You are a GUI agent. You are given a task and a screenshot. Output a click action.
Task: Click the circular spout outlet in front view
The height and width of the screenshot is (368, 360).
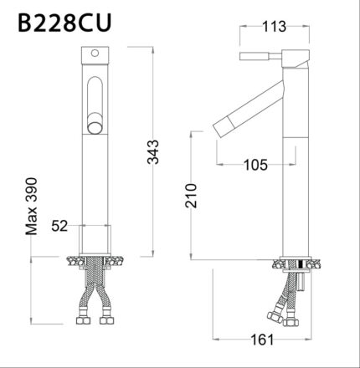point(96,126)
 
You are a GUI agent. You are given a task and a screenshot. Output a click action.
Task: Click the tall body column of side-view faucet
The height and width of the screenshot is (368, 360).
point(294,167)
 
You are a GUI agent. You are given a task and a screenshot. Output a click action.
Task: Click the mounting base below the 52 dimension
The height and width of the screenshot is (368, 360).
point(95,248)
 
